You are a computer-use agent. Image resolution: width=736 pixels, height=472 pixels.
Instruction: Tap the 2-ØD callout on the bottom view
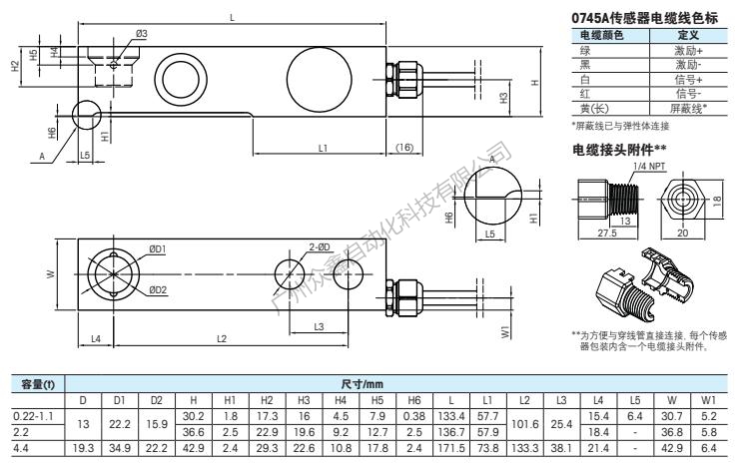(320, 245)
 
